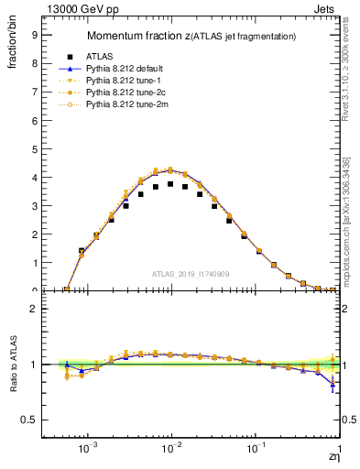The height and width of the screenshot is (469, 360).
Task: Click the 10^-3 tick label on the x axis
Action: pos(88,450)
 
